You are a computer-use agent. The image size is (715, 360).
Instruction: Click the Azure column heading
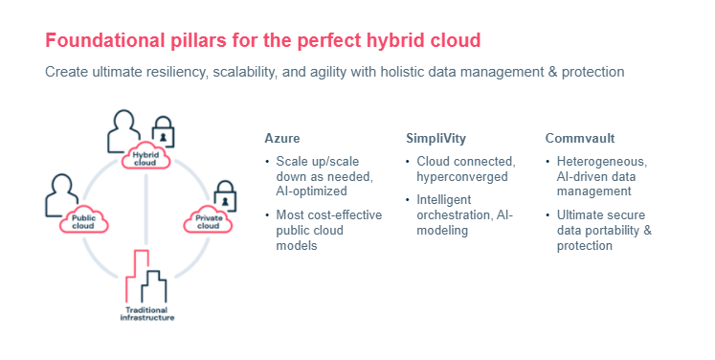[281, 138]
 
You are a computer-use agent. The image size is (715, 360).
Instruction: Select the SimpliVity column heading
[436, 138]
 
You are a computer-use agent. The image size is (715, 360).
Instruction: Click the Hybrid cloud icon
[145, 158]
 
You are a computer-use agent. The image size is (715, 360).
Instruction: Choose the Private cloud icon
[208, 222]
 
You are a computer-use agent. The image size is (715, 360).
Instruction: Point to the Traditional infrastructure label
[146, 314]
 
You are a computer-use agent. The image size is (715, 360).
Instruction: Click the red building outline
[139, 273]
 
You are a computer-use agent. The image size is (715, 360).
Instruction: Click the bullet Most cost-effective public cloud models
[327, 230]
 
